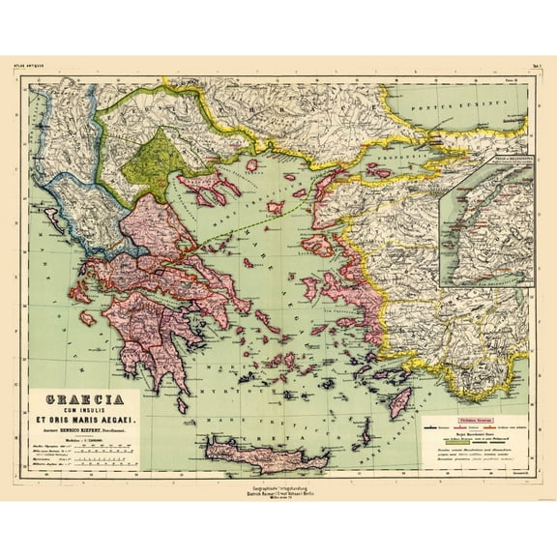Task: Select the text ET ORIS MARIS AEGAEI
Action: click(x=85, y=421)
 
